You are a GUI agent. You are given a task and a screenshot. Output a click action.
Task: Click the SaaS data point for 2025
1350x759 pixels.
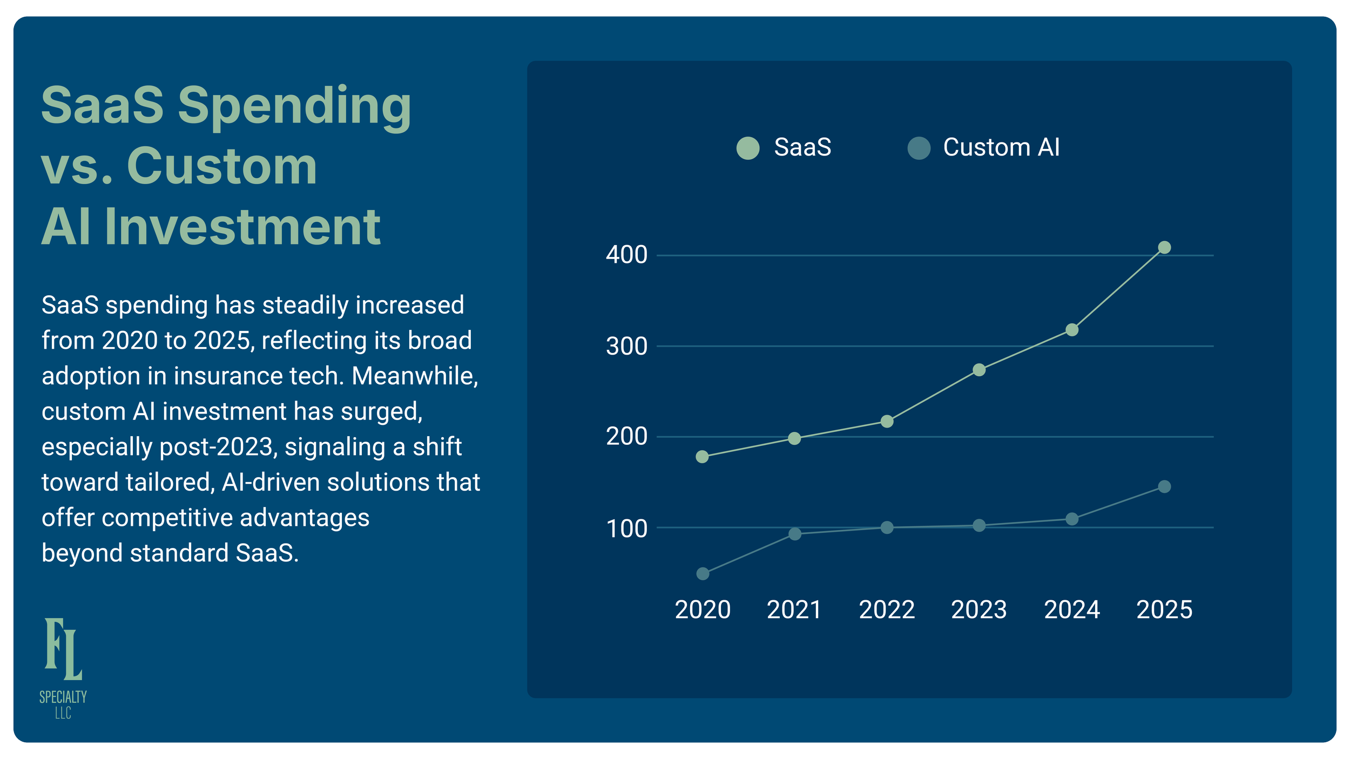(x=1164, y=247)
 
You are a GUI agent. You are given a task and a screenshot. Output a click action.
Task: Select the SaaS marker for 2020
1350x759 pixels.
(x=702, y=457)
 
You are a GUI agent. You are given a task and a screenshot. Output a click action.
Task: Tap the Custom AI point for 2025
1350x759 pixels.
(x=1164, y=486)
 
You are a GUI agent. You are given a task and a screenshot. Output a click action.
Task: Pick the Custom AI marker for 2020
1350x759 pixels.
(x=703, y=573)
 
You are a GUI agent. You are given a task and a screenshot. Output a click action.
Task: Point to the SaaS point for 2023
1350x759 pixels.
(x=979, y=370)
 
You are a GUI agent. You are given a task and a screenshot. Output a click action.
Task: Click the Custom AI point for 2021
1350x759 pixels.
(x=794, y=534)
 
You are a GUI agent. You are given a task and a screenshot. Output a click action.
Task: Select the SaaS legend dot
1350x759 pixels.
(x=748, y=148)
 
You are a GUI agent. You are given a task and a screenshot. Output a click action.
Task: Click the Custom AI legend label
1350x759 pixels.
(x=1001, y=147)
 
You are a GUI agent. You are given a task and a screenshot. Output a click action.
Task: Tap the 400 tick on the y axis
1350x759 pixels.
(x=626, y=255)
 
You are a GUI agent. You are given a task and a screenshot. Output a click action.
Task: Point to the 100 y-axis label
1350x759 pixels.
(x=626, y=529)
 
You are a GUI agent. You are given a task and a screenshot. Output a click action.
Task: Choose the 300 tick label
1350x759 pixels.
(x=626, y=346)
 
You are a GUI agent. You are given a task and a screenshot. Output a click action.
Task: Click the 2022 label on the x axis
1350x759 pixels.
(x=887, y=610)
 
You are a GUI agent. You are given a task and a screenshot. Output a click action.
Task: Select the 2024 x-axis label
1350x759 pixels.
(x=1071, y=610)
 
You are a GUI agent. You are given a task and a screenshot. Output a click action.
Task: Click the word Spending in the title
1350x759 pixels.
(x=294, y=106)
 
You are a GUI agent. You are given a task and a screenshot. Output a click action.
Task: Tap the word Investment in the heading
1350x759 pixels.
(x=242, y=227)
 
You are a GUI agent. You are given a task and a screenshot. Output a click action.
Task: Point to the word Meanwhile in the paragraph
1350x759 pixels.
(x=414, y=376)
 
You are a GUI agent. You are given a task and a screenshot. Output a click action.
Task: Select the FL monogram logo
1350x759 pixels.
(x=63, y=648)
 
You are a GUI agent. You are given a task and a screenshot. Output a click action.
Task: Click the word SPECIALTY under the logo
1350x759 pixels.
(x=63, y=697)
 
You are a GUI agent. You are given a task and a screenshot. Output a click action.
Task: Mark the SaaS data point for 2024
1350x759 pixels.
(x=1071, y=329)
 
